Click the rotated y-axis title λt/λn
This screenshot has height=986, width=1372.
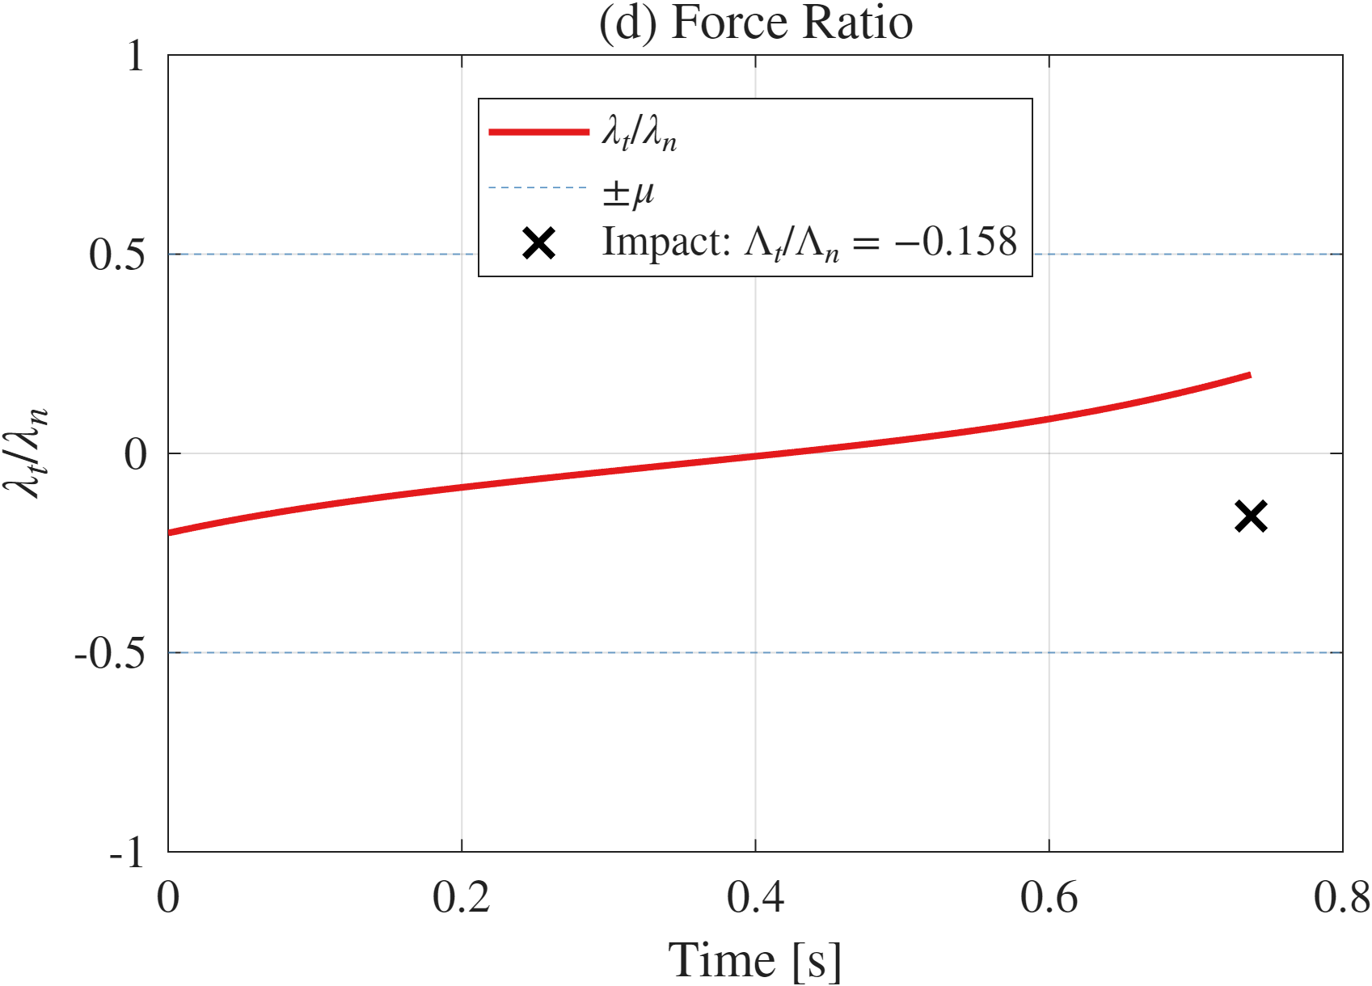[x=26, y=453]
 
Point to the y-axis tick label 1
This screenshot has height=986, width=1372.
[x=135, y=56]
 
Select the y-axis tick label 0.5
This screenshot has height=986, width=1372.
[x=117, y=255]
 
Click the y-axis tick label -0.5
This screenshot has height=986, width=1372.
[x=110, y=653]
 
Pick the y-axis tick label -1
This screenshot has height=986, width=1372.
[x=128, y=852]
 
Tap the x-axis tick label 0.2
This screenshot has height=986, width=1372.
[x=461, y=897]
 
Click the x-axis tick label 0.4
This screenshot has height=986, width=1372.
[x=755, y=897]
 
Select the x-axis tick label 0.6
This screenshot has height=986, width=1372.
[x=1049, y=897]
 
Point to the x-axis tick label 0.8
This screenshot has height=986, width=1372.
[x=1341, y=897]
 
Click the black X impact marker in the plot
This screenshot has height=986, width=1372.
[x=1251, y=516]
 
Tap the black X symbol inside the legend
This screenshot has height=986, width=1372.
[x=538, y=243]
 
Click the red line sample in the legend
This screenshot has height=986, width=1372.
[x=538, y=132]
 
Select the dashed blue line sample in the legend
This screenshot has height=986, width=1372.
[x=538, y=188]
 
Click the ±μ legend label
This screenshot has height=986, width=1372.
[x=628, y=192]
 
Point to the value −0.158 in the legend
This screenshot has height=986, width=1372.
[x=956, y=242]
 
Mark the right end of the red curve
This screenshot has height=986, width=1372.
[x=1249, y=375]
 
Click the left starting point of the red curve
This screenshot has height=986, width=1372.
[x=171, y=533]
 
